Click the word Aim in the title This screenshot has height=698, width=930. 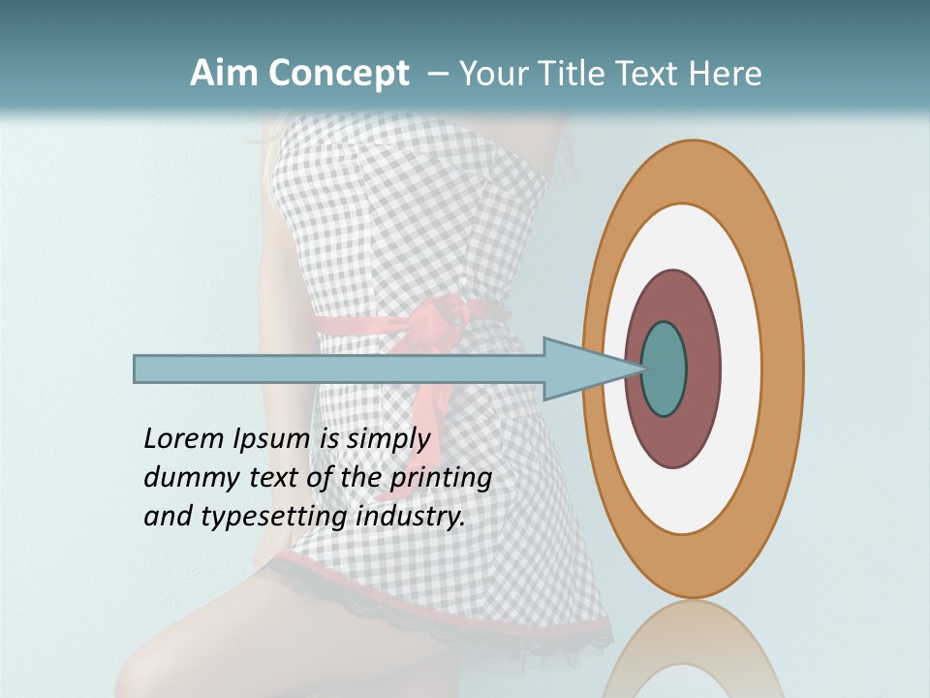coord(224,74)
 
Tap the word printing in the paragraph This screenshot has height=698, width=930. coord(441,479)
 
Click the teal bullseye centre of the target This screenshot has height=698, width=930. coord(665,369)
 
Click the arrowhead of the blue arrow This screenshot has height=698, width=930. coord(581,369)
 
